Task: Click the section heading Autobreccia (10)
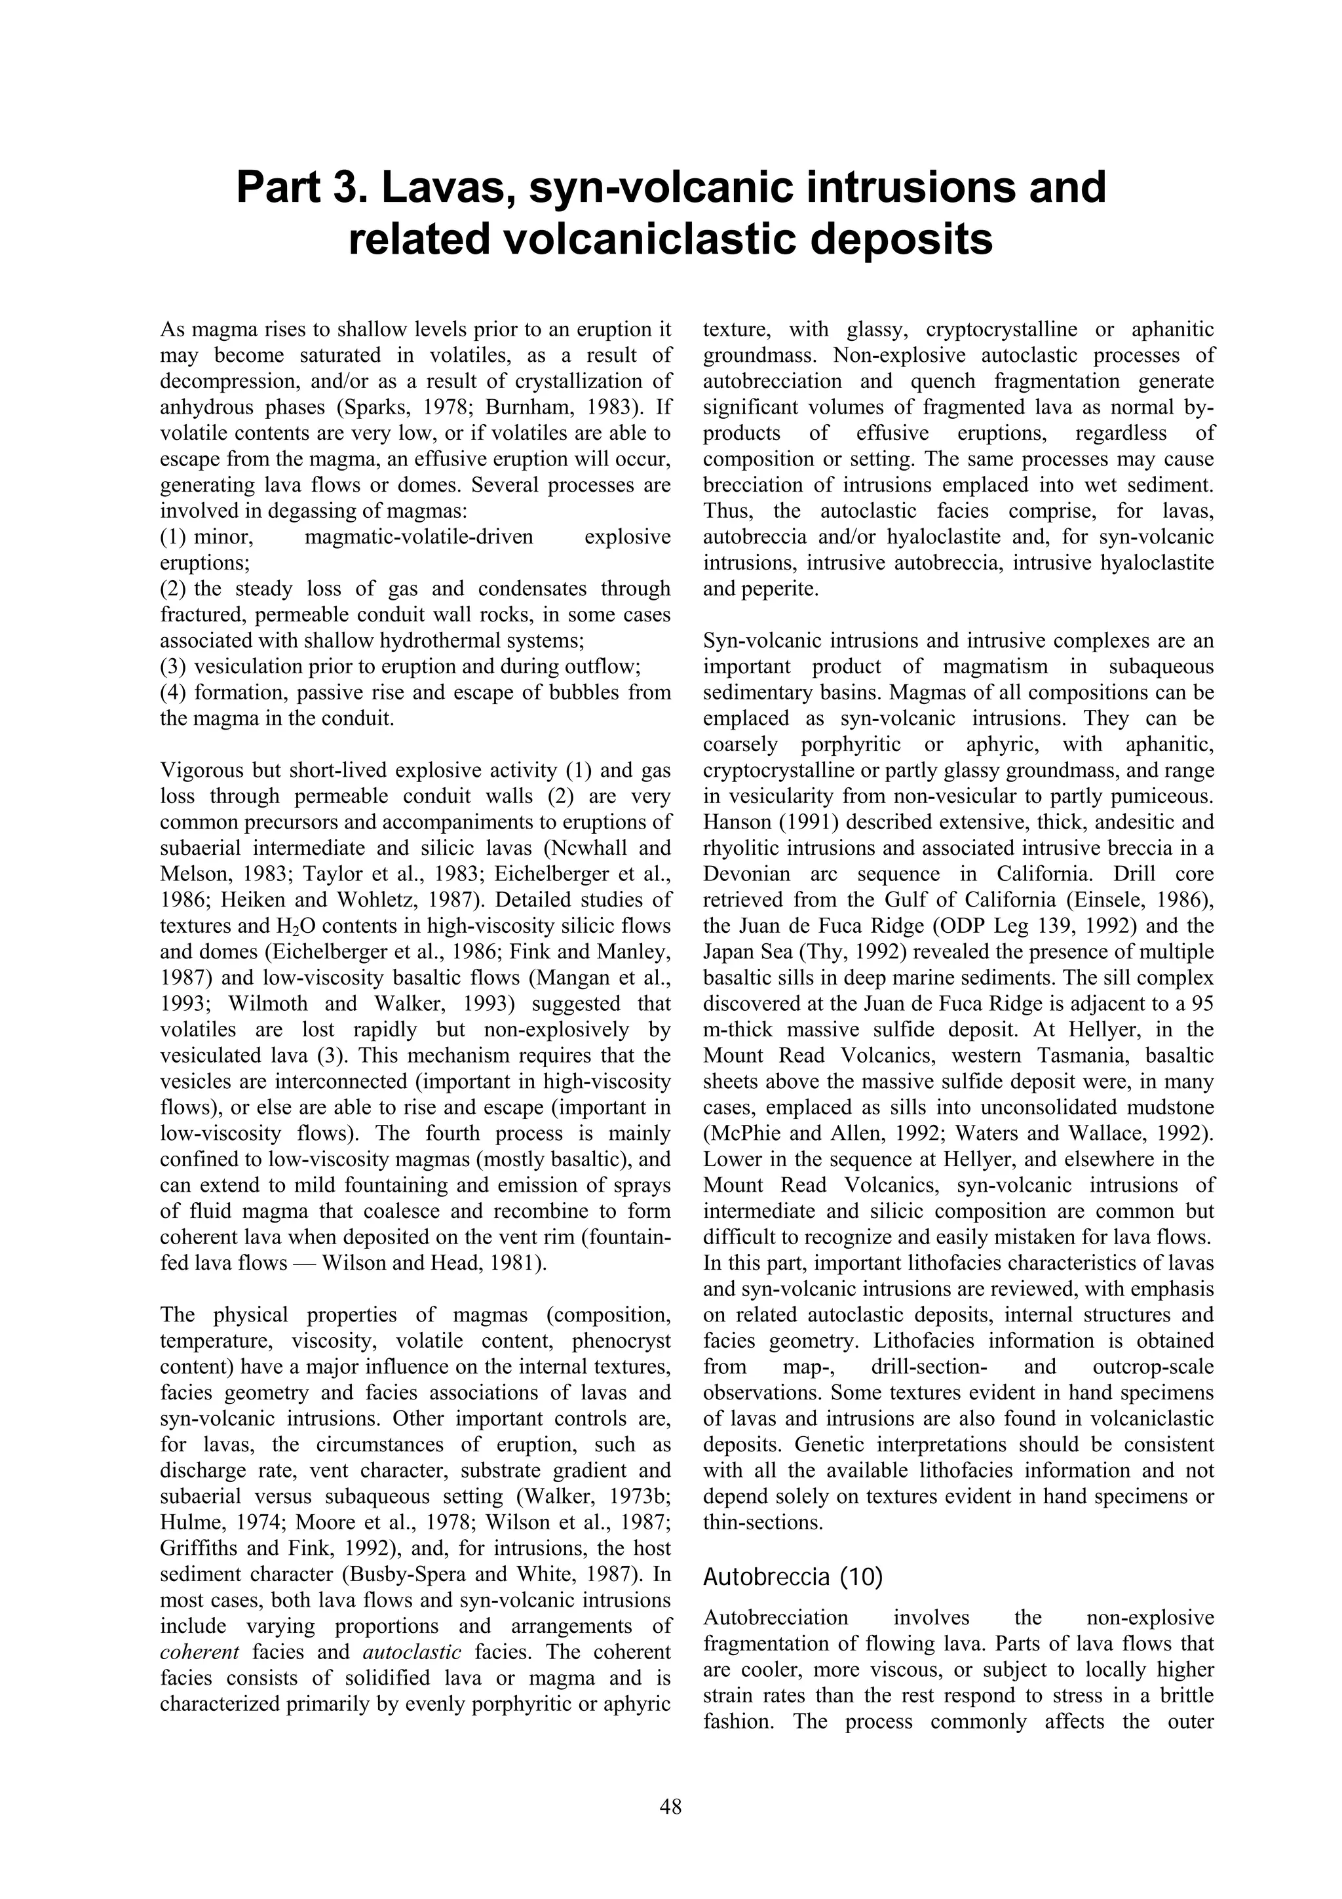click(x=792, y=1577)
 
